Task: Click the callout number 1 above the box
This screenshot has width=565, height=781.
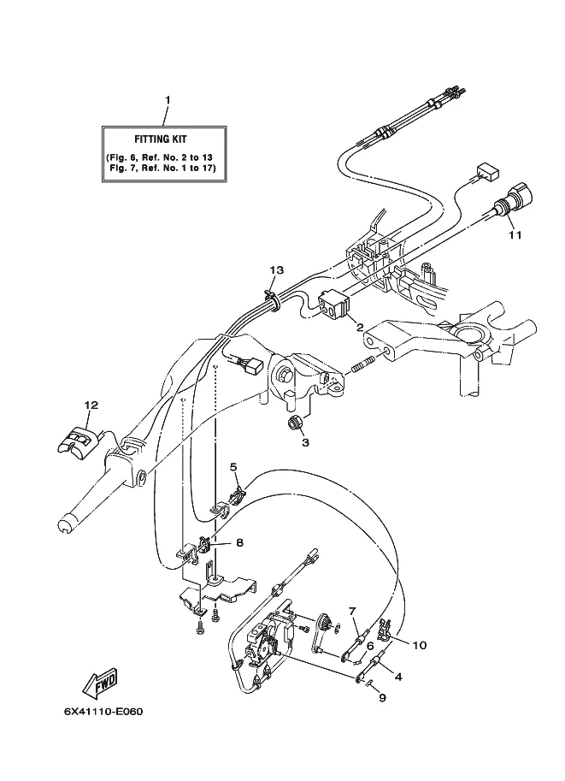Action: tap(168, 100)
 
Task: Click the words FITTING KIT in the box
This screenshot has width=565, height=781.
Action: tap(161, 139)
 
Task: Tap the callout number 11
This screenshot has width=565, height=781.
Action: tap(515, 234)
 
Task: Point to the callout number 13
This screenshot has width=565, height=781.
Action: tap(277, 270)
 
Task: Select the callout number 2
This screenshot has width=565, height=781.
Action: tap(359, 328)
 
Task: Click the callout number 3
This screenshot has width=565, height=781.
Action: tap(305, 442)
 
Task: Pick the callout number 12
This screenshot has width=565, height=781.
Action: tap(91, 405)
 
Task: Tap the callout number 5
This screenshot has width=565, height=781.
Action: tap(233, 467)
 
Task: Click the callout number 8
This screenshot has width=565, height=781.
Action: tap(239, 543)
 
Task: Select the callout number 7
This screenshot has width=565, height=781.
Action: tap(352, 611)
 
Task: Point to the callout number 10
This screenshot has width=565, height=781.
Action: tap(420, 646)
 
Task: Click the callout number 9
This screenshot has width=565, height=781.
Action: tap(382, 698)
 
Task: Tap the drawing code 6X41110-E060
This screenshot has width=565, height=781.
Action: tap(103, 711)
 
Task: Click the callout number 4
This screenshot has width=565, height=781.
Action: tap(397, 677)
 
